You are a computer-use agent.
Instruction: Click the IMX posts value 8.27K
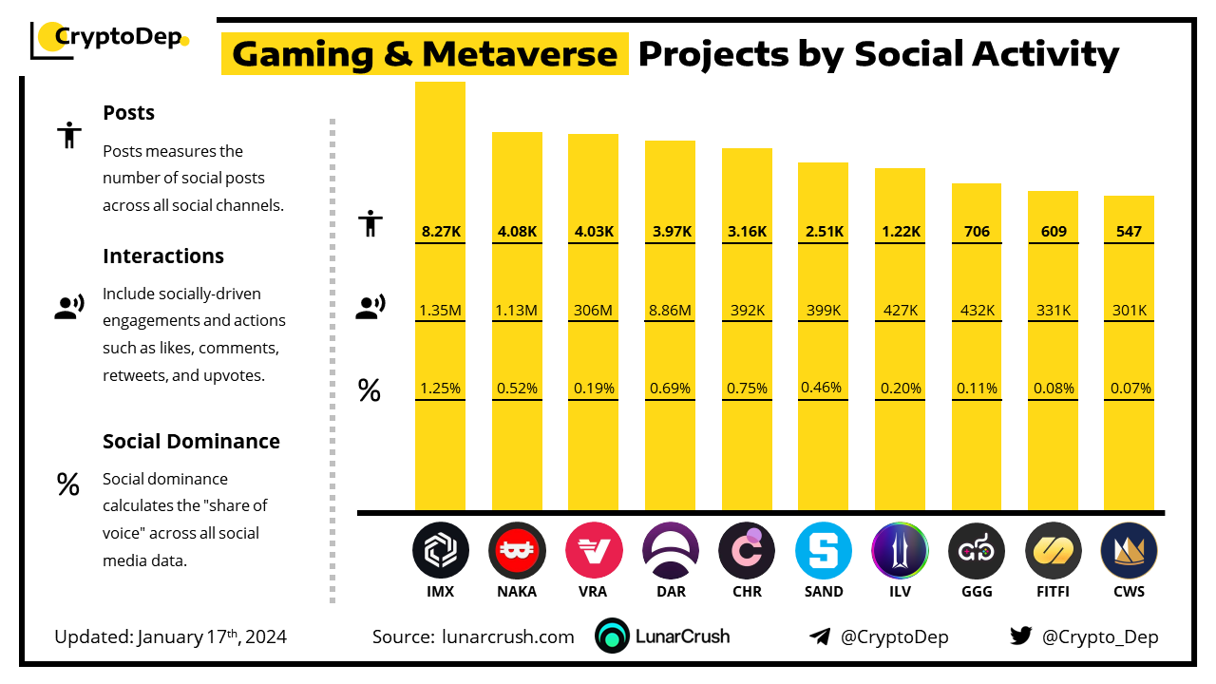point(440,231)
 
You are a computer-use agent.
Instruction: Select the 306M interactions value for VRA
point(593,310)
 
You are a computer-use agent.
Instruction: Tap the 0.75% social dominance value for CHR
point(747,388)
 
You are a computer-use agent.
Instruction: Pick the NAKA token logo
point(517,551)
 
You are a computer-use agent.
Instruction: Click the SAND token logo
point(823,551)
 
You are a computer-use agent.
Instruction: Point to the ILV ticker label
point(899,591)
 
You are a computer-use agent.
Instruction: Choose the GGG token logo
point(976,551)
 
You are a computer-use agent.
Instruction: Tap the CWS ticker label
point(1129,591)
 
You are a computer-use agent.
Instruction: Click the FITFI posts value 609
point(1053,231)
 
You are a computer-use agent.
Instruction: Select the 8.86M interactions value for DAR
point(670,310)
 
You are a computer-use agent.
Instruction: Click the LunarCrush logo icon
point(613,636)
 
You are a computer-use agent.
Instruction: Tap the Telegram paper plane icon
point(820,636)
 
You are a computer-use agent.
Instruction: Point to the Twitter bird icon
point(1020,636)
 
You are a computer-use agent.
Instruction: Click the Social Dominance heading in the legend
point(191,441)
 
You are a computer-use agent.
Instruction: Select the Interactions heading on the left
point(163,256)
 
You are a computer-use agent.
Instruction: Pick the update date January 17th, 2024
point(212,636)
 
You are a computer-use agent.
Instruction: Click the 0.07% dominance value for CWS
point(1129,388)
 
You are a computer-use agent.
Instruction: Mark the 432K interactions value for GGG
point(976,310)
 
